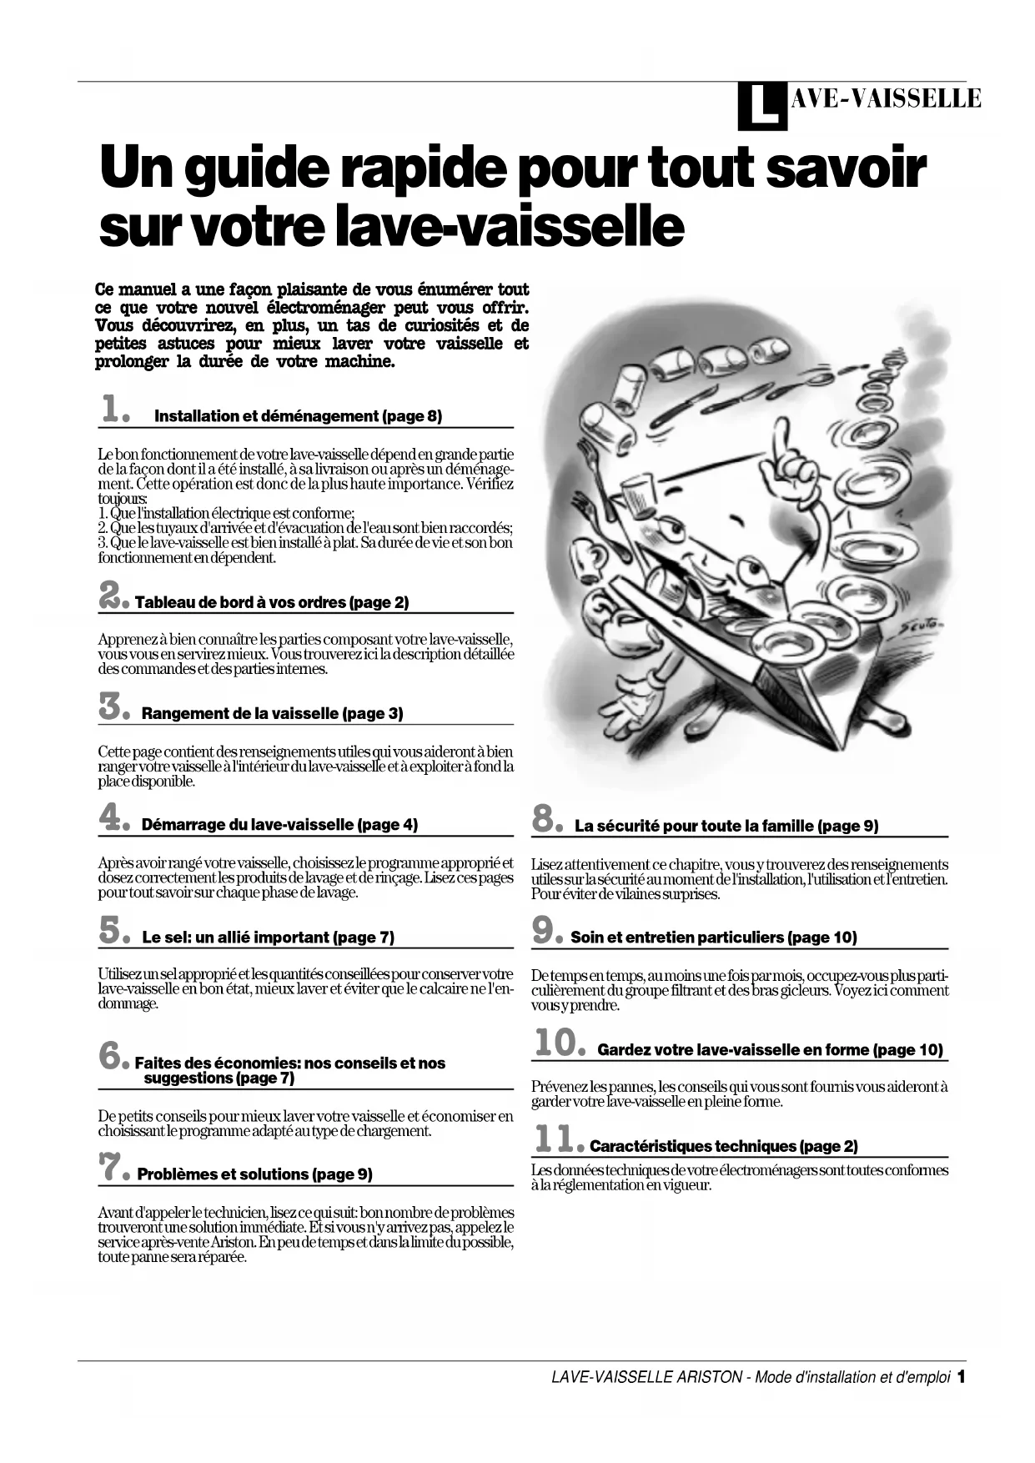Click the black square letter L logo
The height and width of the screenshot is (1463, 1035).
pos(761,107)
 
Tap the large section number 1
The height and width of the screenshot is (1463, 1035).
pos(114,410)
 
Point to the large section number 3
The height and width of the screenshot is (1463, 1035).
pos(114,707)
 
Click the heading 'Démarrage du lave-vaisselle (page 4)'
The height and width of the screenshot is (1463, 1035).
pos(279,825)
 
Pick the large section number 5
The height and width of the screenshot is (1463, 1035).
pos(114,931)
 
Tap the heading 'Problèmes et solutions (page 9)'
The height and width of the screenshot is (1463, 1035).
pos(254,1174)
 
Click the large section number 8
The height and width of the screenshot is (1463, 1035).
pos(548,820)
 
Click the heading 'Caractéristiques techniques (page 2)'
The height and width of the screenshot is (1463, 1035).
pos(723,1146)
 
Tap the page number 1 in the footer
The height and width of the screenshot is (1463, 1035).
pos(961,1377)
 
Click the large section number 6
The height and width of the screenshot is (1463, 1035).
pos(114,1057)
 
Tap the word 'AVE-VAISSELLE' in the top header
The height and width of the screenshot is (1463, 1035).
pos(886,99)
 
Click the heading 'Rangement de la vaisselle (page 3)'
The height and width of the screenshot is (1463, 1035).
pos(272,714)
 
